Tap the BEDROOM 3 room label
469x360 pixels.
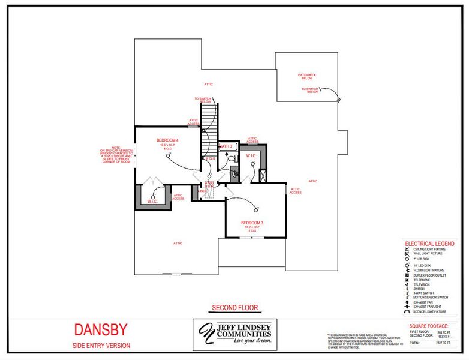coord(252,223)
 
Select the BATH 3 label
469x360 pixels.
coord(226,146)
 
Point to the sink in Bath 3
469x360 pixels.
coord(235,175)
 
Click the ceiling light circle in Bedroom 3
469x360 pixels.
coord(257,208)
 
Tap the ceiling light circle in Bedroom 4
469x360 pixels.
coord(169,152)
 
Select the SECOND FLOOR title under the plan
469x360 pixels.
coord(235,308)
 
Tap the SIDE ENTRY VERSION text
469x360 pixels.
coord(101,346)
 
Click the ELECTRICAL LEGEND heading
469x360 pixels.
coord(429,244)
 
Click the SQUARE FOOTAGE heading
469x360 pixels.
coord(430,326)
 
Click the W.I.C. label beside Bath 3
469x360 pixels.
coord(251,156)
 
